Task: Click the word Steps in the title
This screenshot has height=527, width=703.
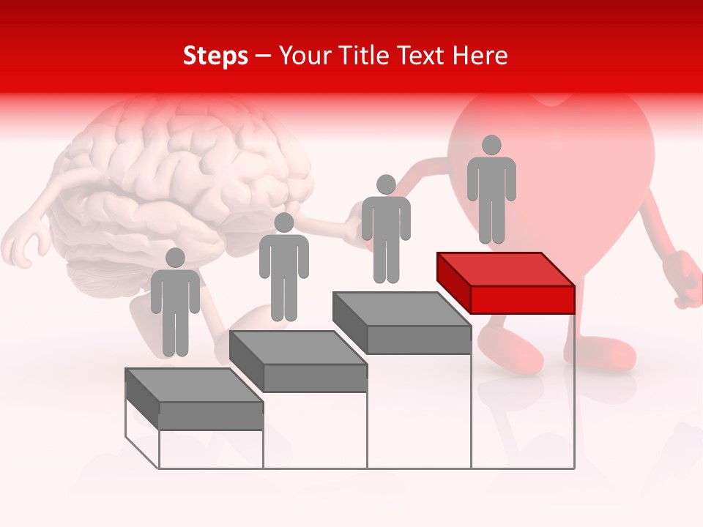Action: pos(215,56)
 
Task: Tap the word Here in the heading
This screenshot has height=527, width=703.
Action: pos(479,56)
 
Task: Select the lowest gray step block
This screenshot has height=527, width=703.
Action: pos(194,399)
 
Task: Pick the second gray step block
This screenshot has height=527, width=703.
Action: pos(298,362)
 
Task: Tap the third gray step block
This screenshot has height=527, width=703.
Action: pos(402,323)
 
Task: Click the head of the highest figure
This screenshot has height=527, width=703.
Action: pos(491,145)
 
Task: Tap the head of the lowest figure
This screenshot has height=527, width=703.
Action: pos(175,258)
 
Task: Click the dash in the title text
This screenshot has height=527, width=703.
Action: pos(263,56)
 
